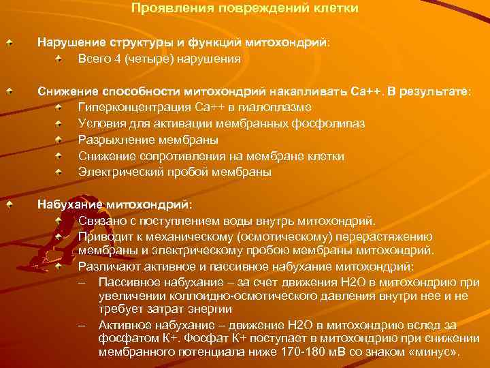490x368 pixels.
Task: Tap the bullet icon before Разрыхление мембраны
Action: pos(60,140)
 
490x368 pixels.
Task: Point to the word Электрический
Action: pos(116,172)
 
